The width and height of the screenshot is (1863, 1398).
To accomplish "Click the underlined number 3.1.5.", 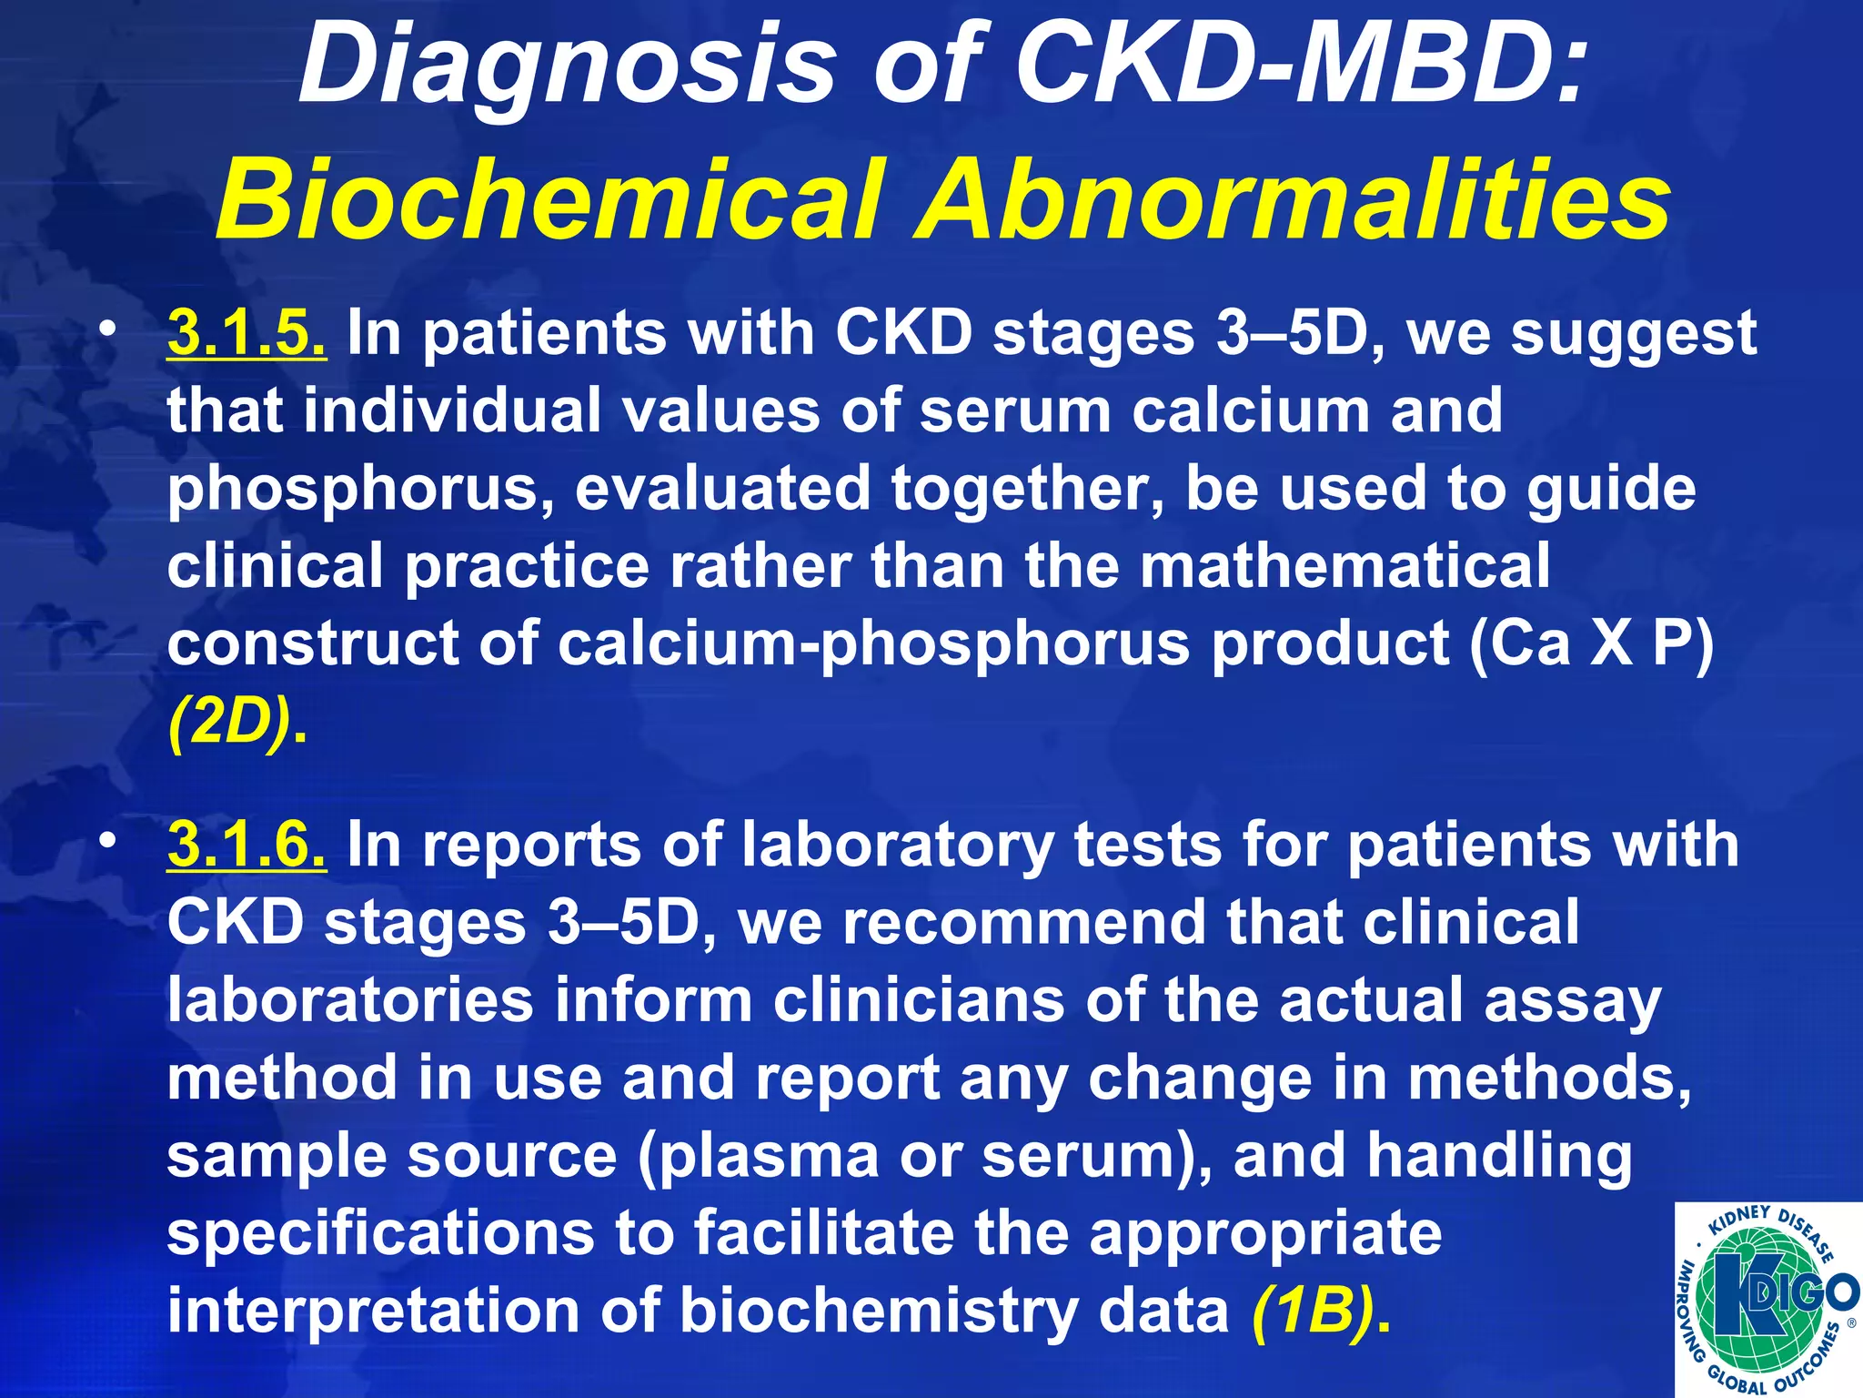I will [247, 333].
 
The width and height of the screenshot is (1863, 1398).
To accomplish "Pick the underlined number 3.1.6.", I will [247, 845].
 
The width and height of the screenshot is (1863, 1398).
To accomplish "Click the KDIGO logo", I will [1767, 1300].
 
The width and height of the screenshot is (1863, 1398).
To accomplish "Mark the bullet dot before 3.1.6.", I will [109, 843].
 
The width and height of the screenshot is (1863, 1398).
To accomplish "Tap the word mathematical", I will [1344, 566].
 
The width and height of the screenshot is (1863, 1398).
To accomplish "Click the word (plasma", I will [759, 1156].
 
